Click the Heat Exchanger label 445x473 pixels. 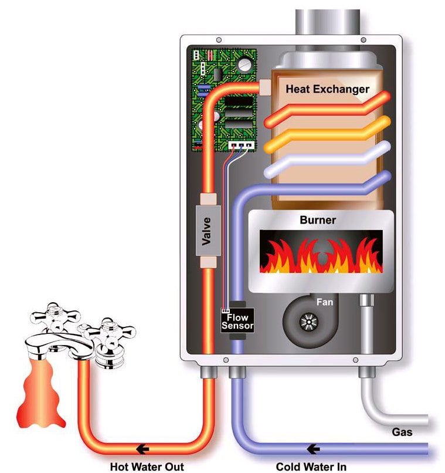(x=328, y=89)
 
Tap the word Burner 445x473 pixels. (x=318, y=220)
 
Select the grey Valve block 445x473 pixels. (x=208, y=231)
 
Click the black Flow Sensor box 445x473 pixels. (x=237, y=320)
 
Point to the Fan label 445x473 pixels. (x=325, y=302)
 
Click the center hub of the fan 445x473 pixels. (x=309, y=322)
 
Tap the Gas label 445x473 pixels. (x=402, y=432)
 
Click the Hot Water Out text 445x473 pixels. (x=147, y=467)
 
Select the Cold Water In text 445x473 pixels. (x=311, y=467)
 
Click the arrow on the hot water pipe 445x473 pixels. (x=142, y=449)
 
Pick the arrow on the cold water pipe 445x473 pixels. (x=313, y=449)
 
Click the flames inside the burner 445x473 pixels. (x=321, y=256)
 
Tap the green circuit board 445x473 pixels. (x=225, y=100)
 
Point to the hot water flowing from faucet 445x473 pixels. (x=40, y=394)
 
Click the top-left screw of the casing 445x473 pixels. (x=219, y=40)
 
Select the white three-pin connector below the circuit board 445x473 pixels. (x=242, y=146)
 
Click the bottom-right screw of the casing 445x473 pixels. (x=355, y=360)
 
